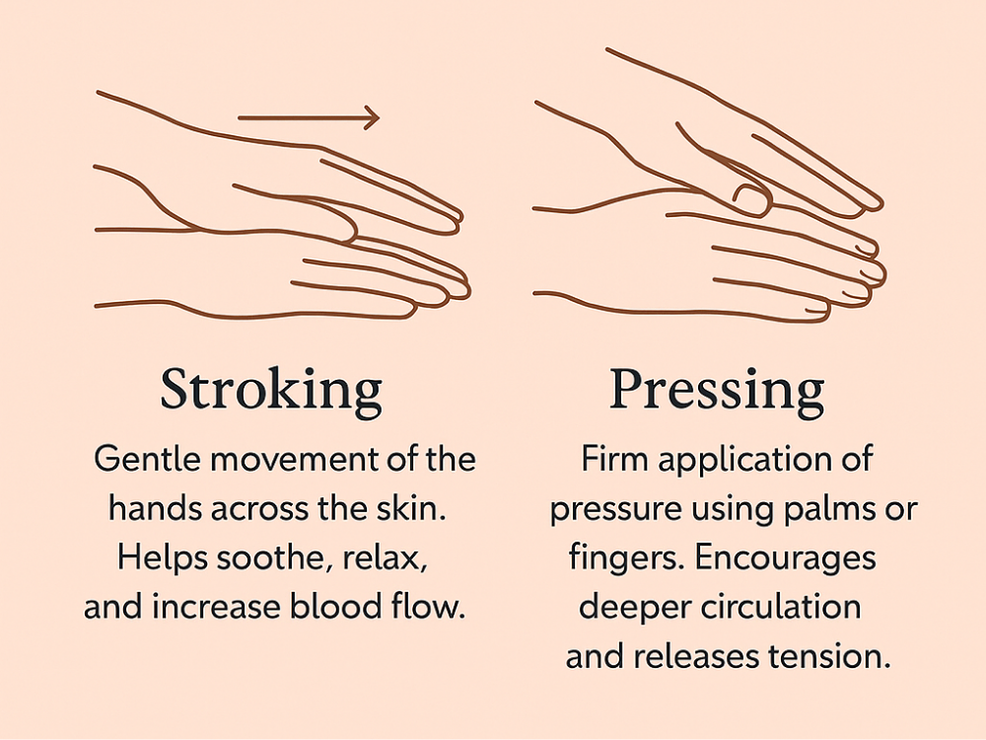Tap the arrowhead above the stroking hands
373,117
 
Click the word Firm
614,459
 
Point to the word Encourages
786,558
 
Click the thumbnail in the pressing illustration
752,199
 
